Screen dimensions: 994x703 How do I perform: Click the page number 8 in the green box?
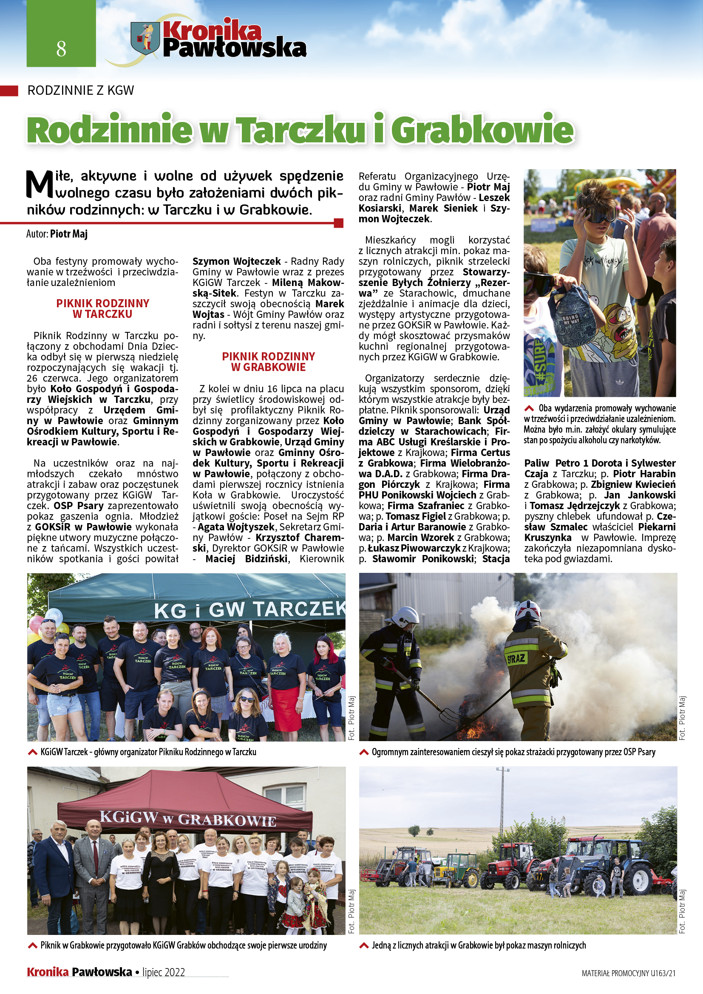pos(61,48)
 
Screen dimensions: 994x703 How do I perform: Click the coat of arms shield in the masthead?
pos(145,39)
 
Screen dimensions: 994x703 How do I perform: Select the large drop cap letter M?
pos(40,184)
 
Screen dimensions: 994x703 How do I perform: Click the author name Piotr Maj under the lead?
pos(69,234)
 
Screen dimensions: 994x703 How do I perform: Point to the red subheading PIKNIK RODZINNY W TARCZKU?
pos(102,309)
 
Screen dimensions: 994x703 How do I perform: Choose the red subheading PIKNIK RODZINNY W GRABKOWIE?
pos(268,362)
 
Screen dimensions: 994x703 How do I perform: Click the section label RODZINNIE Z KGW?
pos(80,91)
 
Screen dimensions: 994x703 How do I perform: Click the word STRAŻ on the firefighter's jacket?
pos(516,659)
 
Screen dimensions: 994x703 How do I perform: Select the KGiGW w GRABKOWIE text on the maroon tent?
pos(187,818)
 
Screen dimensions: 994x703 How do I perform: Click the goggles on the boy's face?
pos(599,215)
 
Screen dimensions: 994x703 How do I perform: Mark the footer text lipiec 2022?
pos(164,972)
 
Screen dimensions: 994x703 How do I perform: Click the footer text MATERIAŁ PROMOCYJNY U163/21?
pos(628,973)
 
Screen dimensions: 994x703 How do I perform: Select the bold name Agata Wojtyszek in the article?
pos(236,527)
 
